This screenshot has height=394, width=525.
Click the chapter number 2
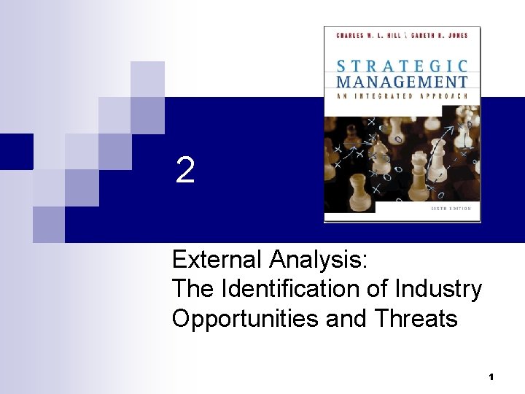(185, 171)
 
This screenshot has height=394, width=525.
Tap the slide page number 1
(491, 376)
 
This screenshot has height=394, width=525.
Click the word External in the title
(217, 259)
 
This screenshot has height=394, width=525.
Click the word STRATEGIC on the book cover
(402, 65)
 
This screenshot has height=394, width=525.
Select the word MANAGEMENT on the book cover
(402, 82)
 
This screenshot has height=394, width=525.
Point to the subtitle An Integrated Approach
(402, 96)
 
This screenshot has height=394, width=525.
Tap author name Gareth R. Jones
(438, 34)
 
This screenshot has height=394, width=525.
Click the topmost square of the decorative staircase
(147, 79)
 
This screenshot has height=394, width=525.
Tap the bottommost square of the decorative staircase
(49, 224)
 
